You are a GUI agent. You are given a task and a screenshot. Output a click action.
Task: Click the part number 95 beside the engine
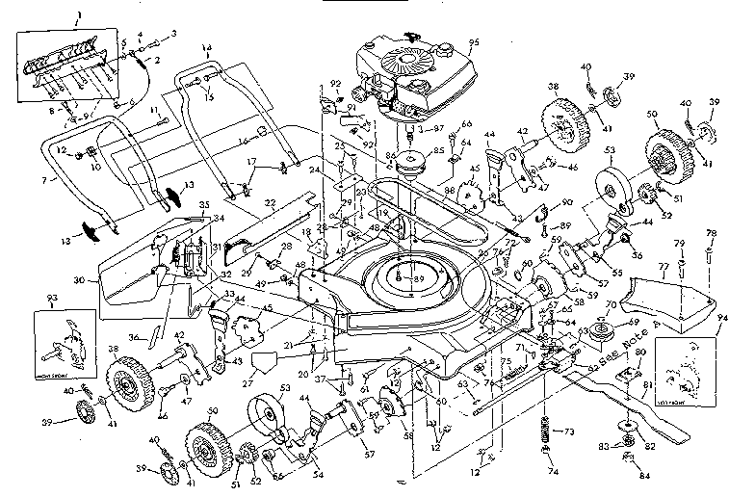point(473,41)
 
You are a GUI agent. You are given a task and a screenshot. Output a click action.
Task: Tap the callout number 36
point(133,336)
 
